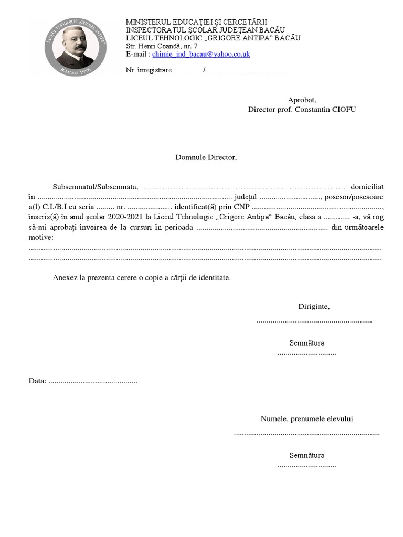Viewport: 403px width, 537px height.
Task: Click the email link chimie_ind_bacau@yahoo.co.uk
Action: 201,54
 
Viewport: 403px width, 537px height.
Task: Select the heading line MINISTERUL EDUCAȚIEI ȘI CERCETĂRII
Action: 196,22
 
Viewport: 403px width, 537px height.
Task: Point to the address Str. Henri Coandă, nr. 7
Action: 162,46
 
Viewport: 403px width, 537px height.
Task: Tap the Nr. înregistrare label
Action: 149,71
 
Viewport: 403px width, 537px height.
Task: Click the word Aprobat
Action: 302,100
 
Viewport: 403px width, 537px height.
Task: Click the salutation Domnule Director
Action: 206,157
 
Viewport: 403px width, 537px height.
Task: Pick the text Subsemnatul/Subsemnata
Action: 95,187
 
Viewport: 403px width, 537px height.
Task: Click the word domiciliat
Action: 367,187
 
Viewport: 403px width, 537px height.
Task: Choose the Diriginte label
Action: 314,307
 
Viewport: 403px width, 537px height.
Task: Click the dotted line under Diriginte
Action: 314,320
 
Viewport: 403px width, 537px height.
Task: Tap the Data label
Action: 37,381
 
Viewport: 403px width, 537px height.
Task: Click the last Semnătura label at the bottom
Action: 307,455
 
